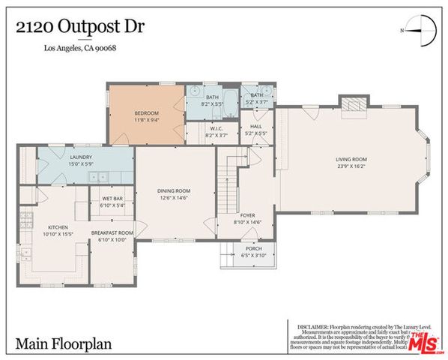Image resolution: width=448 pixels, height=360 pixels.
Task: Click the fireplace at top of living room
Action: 351,103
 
